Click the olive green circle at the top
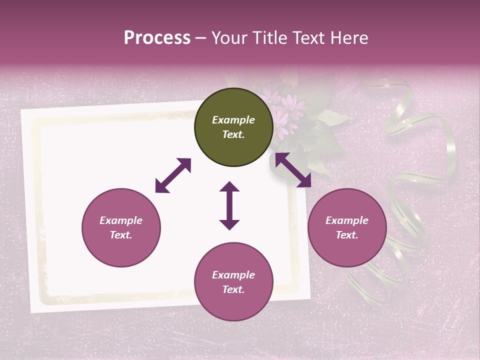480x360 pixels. click(233, 127)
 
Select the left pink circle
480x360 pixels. click(121, 228)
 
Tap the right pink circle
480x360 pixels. click(347, 228)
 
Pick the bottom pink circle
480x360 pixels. click(233, 282)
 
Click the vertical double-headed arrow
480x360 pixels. click(229, 205)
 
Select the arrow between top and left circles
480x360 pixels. click(173, 175)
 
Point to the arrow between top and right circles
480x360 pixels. click(293, 170)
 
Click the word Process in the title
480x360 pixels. click(157, 38)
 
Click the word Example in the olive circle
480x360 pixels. click(233, 120)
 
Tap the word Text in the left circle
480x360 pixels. click(121, 235)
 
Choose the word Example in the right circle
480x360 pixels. click(347, 220)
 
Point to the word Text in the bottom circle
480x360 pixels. click(233, 289)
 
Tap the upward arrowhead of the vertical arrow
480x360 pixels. click(229, 187)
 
